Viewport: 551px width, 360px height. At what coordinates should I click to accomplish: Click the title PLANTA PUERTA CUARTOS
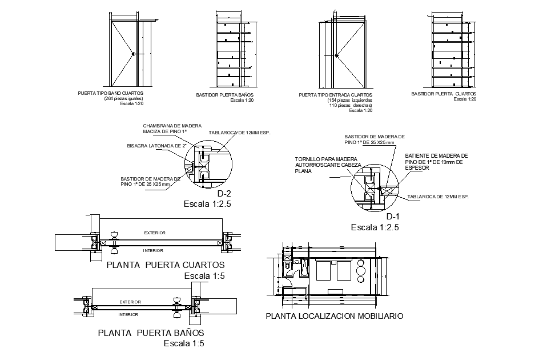pos(166,265)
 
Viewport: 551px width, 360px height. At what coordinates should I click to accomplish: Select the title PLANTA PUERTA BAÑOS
pos(151,333)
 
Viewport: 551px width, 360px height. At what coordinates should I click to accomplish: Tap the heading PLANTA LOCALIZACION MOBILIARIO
pos(335,316)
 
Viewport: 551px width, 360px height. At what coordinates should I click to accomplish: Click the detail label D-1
pos(393,217)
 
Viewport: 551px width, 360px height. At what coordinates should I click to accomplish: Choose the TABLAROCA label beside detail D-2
pos(239,133)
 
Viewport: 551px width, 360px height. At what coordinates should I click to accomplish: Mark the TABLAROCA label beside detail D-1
pos(438,197)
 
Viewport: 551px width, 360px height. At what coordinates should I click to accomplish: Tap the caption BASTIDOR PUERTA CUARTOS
pos(443,94)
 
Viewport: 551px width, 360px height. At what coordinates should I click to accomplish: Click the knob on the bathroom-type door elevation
pos(133,54)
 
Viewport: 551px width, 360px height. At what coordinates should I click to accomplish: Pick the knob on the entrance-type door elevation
pos(337,55)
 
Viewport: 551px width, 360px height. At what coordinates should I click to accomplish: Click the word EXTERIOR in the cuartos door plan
pos(154,233)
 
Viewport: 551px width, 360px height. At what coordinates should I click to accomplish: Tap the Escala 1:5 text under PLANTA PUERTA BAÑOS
pos(183,344)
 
